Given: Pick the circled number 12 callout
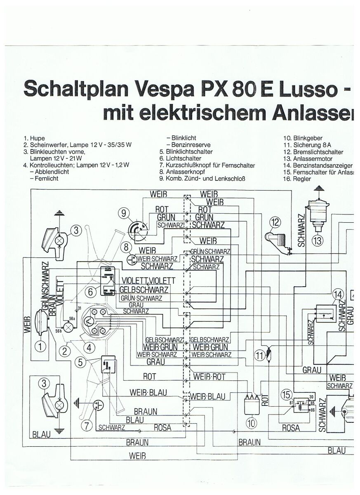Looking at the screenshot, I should [275, 223].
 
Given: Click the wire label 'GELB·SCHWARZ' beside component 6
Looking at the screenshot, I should [144, 289].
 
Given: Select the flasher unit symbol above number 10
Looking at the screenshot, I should [252, 406].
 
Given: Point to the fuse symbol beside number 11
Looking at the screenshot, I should [268, 354].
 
